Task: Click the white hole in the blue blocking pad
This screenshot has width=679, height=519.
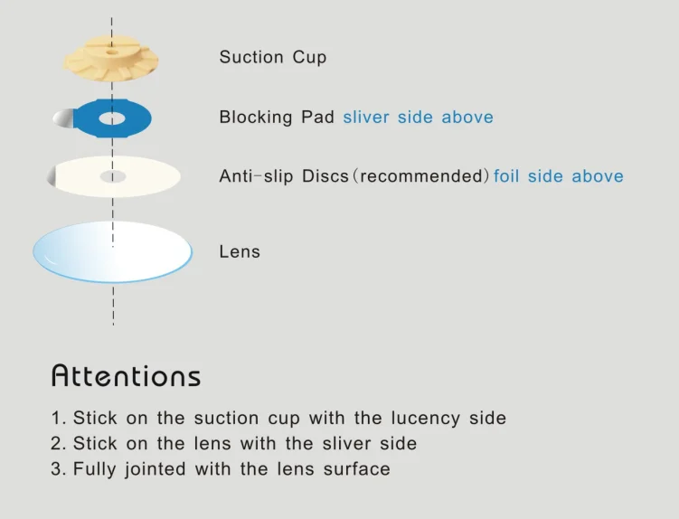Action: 112,118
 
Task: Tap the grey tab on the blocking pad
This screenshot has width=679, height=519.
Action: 61,118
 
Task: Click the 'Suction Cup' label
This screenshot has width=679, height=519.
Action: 272,58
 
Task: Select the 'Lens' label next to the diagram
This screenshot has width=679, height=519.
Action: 240,251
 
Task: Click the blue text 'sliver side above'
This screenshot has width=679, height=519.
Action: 418,118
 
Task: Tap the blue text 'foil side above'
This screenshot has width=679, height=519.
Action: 558,176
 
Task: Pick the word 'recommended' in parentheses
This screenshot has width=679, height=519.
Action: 420,176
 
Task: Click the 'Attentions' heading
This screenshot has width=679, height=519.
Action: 126,375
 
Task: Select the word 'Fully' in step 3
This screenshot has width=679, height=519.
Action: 93,469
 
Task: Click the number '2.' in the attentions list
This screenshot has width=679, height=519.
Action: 59,444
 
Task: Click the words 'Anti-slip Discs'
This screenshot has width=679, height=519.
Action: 284,176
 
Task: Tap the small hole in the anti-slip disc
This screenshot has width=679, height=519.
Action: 112,175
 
